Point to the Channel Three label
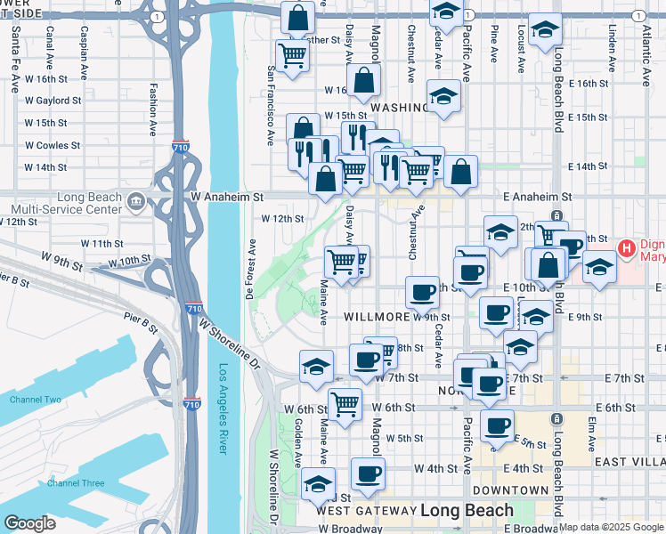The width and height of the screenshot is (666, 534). click(77, 483)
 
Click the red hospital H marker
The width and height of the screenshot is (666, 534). click(626, 247)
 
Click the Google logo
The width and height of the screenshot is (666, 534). click(30, 523)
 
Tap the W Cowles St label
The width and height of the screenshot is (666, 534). click(53, 145)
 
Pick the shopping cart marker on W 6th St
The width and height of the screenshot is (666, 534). click(345, 402)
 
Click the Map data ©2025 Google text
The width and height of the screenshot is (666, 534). click(610, 527)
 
